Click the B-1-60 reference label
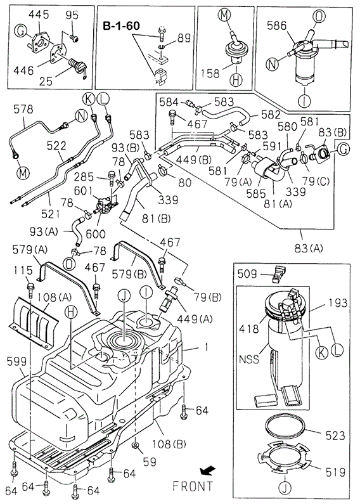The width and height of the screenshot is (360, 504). (122, 26)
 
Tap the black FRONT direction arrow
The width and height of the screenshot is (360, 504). (208, 471)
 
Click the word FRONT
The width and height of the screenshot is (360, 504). (193, 486)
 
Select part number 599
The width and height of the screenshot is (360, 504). (16, 361)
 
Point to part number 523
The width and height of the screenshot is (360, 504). (335, 436)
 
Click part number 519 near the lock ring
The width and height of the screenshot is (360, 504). (335, 472)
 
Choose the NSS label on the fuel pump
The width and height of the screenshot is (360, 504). (249, 358)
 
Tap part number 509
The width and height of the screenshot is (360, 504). (247, 274)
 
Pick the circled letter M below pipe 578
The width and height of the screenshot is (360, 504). (23, 173)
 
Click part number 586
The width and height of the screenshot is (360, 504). (276, 25)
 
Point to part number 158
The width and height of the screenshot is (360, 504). (210, 74)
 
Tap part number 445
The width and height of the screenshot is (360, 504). (39, 15)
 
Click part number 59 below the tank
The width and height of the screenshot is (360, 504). (150, 462)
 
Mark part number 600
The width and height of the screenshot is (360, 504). (96, 234)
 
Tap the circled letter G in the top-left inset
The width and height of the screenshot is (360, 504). (21, 32)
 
